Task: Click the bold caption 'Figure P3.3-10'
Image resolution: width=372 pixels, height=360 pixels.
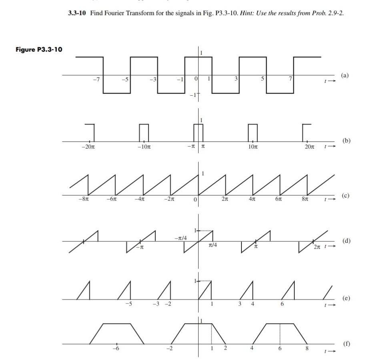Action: pos(39,49)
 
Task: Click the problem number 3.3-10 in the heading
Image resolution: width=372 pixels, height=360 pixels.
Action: pos(77,13)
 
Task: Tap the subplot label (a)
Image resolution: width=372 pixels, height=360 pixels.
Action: pos(345,75)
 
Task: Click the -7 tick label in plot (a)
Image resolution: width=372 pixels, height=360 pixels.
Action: pos(95,79)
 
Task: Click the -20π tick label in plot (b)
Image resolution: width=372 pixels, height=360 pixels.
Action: pos(88,147)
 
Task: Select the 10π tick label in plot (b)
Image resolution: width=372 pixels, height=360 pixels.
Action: pos(252,147)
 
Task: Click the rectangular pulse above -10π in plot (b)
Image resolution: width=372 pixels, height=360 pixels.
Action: pos(144,132)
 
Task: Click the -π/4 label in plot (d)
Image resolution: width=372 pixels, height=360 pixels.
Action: pos(181,238)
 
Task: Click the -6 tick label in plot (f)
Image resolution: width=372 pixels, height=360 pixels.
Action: pos(116,349)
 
